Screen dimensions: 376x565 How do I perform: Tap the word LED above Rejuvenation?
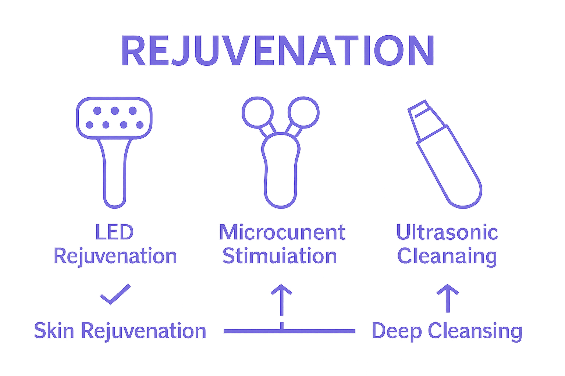click(x=114, y=232)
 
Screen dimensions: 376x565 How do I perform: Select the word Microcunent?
click(x=282, y=232)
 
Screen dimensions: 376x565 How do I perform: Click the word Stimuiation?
click(x=280, y=256)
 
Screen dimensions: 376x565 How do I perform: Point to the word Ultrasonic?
click(x=447, y=232)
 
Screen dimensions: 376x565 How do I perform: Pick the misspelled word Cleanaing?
click(x=447, y=256)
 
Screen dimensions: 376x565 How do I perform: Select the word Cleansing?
click(x=475, y=331)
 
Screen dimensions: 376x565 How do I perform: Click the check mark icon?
click(x=115, y=294)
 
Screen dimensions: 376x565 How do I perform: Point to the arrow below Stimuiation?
click(x=281, y=299)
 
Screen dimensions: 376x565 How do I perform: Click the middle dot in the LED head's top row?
click(x=115, y=110)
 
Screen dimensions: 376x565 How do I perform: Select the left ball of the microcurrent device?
click(x=257, y=112)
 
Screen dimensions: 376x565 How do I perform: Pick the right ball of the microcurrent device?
click(x=304, y=112)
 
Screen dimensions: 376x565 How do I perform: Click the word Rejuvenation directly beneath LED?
click(x=116, y=256)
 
